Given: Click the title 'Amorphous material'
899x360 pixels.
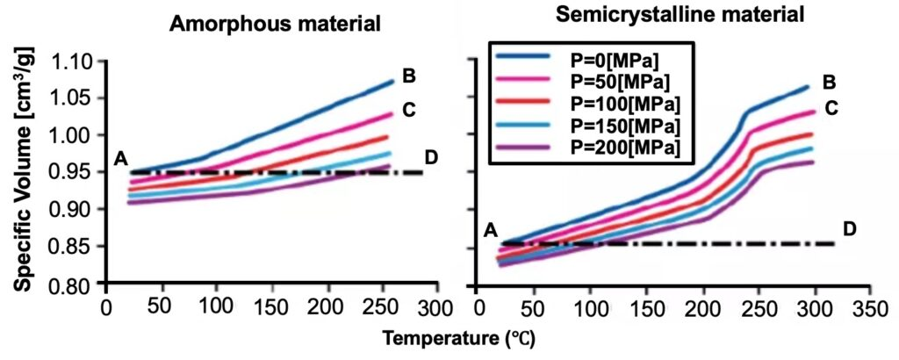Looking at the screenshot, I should coord(275,25).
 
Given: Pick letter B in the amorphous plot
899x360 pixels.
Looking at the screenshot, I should coord(408,76).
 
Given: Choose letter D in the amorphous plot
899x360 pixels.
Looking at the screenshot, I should coord(431,157).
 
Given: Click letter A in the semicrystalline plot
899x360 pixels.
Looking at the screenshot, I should coord(491,231).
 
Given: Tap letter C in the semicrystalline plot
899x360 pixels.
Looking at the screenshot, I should coord(831,109).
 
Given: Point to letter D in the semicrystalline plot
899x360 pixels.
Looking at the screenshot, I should coord(849,229).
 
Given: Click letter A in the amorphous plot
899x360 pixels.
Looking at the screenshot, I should coord(120,159).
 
